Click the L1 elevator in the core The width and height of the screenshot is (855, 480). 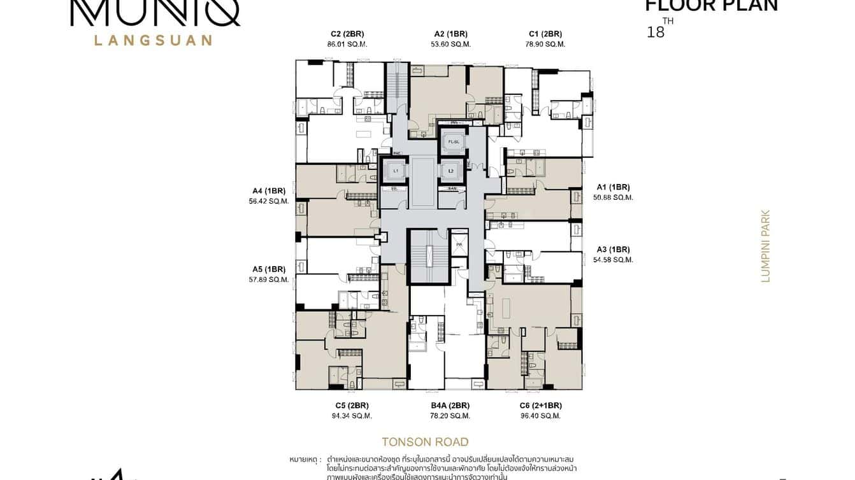[396, 171]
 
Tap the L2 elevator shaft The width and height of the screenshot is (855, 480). [452, 171]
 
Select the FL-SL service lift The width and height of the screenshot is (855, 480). [453, 141]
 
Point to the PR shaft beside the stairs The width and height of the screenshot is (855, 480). [459, 244]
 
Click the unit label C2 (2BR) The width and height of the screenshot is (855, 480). [347, 34]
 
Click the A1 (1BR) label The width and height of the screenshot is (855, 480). [613, 187]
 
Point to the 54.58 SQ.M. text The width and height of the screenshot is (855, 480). [613, 260]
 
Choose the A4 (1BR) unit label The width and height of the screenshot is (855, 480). [269, 190]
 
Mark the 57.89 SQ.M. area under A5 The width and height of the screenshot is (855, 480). [269, 279]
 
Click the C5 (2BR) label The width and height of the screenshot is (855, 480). [352, 406]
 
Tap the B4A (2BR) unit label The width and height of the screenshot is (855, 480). [450, 406]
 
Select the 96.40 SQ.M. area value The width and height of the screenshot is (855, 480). [540, 416]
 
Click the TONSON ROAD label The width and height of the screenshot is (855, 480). [425, 442]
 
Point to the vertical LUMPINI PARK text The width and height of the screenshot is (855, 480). [766, 246]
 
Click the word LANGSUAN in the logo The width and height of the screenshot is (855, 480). [153, 40]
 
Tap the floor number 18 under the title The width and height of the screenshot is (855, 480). [655, 32]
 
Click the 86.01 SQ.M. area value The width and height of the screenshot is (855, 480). [347, 45]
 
